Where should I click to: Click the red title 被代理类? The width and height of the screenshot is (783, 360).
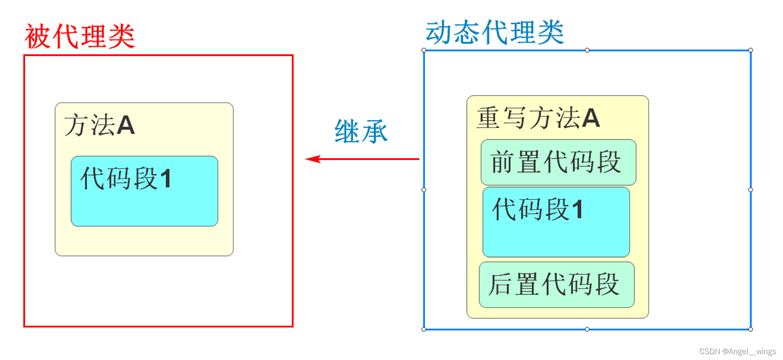pos(80,36)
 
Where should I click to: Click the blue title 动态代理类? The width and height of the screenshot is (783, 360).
pos(495,32)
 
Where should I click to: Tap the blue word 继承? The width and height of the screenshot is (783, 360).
pos(361,132)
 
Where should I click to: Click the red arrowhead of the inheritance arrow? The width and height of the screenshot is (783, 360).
pos(312,159)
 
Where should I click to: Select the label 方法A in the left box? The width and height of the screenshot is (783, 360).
pos(99,125)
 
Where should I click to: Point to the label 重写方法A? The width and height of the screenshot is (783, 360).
pos(538,118)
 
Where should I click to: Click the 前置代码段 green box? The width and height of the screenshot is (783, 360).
pos(558,162)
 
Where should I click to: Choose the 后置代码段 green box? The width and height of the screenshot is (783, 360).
pos(557,285)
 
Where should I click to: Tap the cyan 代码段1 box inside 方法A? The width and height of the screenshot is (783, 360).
pos(144,191)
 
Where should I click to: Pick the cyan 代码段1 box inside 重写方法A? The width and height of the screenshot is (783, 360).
pos(556,222)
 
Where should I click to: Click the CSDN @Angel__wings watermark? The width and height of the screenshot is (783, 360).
pos(737,351)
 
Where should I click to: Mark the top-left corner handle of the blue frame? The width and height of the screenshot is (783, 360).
pos(424,50)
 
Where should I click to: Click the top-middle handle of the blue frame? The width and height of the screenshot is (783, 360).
pos(587,50)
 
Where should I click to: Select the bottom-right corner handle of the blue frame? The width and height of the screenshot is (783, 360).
pos(750,329)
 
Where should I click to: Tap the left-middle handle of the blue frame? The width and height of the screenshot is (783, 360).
pos(424,190)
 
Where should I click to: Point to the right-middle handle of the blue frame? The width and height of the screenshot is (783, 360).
pos(750,190)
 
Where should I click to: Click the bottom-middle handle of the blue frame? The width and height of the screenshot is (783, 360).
pos(587,329)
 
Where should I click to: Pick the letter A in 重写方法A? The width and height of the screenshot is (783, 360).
pos(591,118)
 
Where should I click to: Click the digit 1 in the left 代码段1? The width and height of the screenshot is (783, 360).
pos(165,179)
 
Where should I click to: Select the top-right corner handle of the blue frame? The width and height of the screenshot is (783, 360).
pos(750,50)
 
